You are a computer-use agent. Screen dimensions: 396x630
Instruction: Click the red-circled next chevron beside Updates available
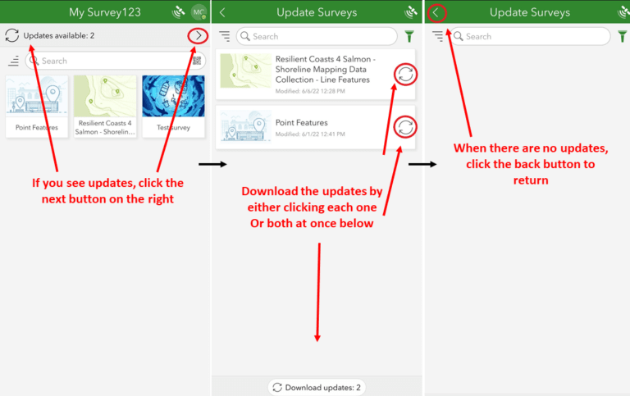[198, 35]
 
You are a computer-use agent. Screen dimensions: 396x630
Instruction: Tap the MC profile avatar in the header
[199, 12]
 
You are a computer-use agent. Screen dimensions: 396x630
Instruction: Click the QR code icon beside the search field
[197, 61]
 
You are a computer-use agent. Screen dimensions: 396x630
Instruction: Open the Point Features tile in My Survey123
[37, 106]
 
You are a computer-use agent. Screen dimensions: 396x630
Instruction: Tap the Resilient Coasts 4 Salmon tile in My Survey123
[105, 106]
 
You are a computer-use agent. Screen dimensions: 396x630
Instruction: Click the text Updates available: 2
[58, 36]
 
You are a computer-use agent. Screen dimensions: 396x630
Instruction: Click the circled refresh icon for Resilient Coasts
[404, 73]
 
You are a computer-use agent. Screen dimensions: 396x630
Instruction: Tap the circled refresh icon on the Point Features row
[404, 127]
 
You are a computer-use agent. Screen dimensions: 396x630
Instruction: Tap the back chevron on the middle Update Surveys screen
[222, 12]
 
